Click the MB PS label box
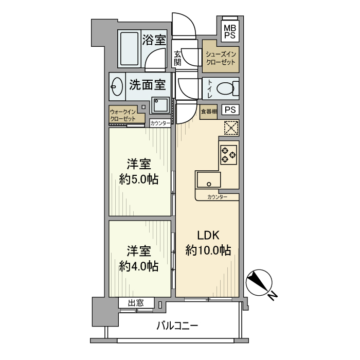(x=230, y=31)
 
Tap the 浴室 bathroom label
(x=153, y=40)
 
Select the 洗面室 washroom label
(x=147, y=84)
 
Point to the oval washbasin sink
(x=117, y=87)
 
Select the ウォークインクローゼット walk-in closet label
(x=122, y=115)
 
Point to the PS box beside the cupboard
(x=230, y=110)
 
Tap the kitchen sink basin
(x=208, y=181)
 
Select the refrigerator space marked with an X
(x=231, y=128)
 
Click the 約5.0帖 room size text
(x=138, y=180)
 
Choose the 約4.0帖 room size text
(x=138, y=266)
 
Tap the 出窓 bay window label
(x=136, y=303)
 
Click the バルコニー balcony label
(x=176, y=326)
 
